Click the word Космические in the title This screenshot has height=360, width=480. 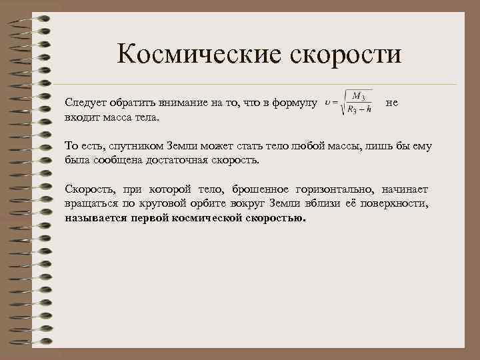tap(197, 54)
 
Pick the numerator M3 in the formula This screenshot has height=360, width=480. tap(357, 97)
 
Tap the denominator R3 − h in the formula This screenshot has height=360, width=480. tap(359, 111)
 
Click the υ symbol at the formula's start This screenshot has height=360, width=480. tap(327, 103)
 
